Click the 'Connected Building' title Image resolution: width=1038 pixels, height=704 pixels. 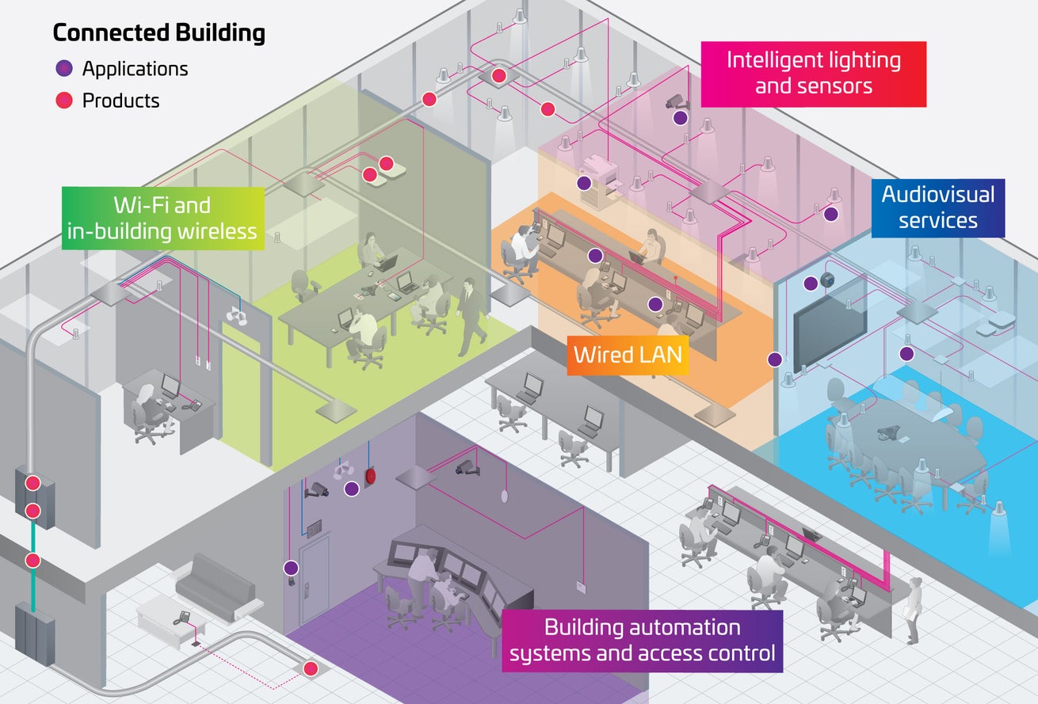point(158,33)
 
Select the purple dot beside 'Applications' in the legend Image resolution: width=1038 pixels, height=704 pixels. point(65,69)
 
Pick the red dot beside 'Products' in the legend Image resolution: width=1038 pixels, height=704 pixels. point(65,101)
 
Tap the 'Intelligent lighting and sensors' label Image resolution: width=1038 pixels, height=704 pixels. point(813,73)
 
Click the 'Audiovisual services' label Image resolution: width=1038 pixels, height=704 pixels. point(937,207)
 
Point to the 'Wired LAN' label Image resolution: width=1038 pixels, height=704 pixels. point(628,353)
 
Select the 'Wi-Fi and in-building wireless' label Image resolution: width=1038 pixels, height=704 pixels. point(162,219)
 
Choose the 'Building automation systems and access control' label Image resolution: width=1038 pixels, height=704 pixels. point(642,641)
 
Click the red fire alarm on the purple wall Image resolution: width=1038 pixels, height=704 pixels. point(369,477)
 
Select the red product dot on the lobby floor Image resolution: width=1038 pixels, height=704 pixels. point(311,669)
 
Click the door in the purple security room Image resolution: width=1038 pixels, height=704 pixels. point(313,576)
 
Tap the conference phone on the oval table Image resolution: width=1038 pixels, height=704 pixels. point(887,433)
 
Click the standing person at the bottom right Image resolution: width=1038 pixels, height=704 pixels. point(914,610)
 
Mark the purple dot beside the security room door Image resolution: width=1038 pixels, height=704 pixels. point(291,567)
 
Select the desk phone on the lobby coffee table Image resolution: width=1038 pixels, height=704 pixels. point(181,614)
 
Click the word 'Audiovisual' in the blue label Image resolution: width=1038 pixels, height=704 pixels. point(937,194)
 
